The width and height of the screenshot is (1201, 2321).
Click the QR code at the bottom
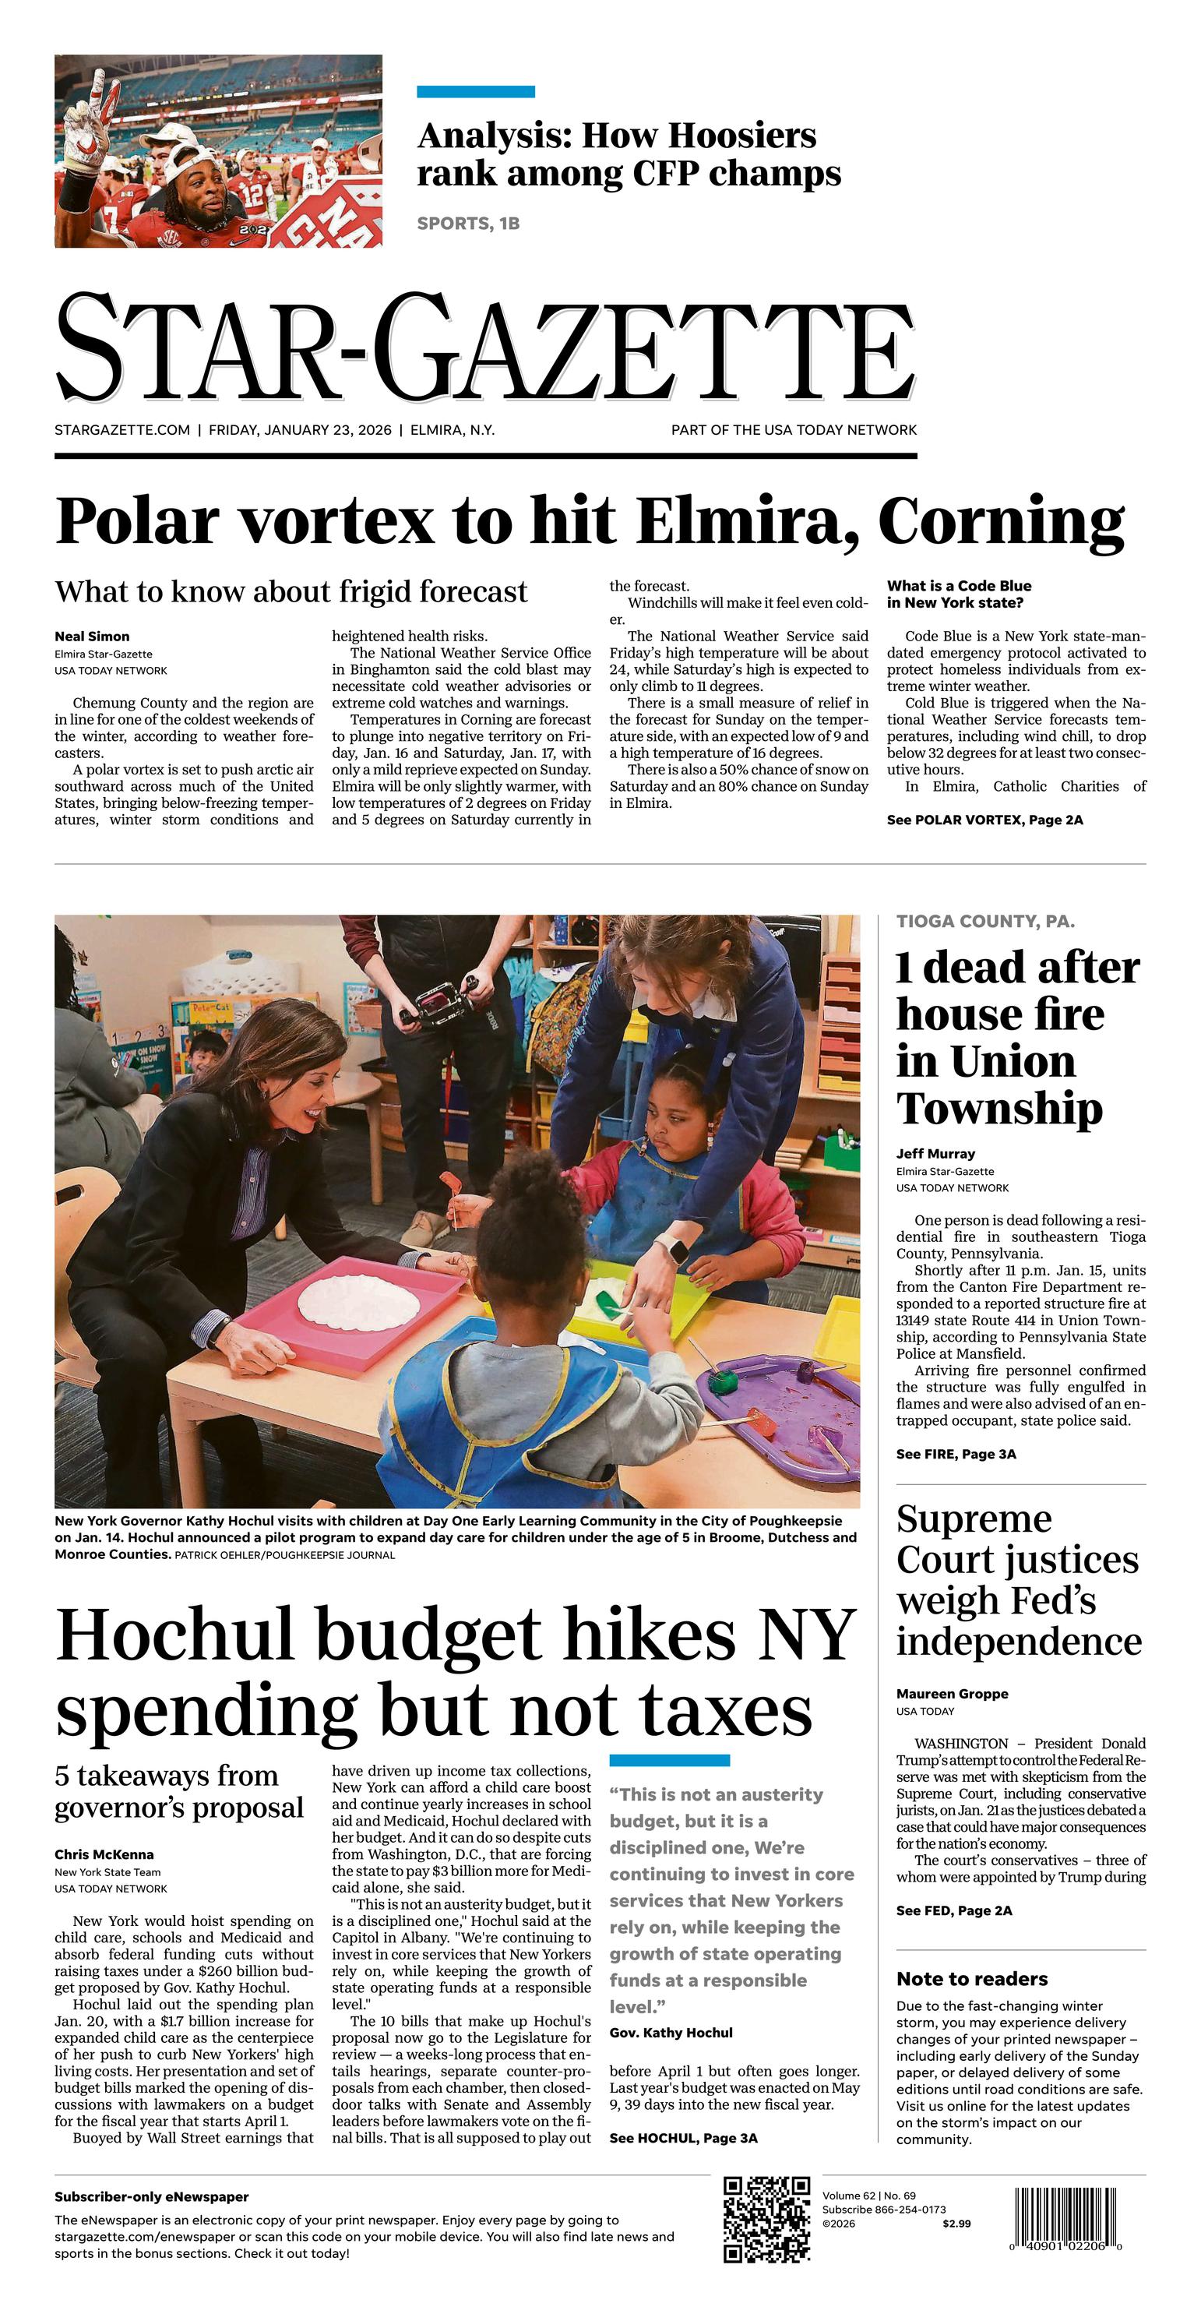[x=766, y=2217]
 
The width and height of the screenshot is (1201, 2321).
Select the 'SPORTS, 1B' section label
[x=467, y=224]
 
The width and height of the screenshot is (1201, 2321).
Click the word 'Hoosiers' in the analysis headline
[x=699, y=136]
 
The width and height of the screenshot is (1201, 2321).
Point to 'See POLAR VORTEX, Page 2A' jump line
[x=984, y=819]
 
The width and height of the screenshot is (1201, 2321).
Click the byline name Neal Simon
[x=92, y=636]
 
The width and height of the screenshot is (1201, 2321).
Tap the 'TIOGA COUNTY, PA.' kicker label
[x=984, y=921]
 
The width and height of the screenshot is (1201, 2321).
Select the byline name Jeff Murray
[x=935, y=1153]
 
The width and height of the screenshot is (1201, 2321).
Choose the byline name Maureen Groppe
[x=952, y=1694]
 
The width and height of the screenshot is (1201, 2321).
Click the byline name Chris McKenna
[x=104, y=1854]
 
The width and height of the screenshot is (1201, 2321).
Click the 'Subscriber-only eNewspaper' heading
[x=151, y=2196]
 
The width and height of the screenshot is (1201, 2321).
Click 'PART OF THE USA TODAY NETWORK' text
[x=793, y=430]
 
